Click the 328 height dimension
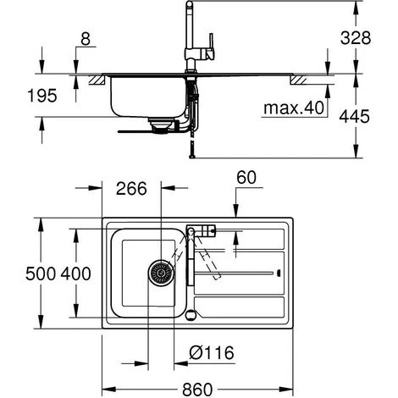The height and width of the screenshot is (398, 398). tap(356, 38)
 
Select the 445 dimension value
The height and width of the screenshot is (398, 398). tap(354, 116)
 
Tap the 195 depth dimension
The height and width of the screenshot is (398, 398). tap(42, 96)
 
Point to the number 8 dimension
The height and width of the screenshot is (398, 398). tap(86, 39)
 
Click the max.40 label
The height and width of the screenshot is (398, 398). tap(294, 108)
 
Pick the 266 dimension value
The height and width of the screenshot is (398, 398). tap(131, 188)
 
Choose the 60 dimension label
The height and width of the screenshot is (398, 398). tap(246, 178)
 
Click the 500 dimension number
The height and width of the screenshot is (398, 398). tap(41, 274)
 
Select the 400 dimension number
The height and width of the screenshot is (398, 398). tap(76, 274)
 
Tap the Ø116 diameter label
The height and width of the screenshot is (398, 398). tap(212, 352)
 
